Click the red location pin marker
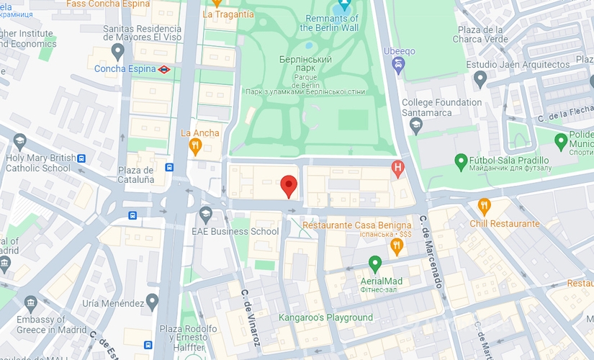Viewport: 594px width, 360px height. (289, 186)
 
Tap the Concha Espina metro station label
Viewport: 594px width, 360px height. (125, 69)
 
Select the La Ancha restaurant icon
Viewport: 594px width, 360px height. (194, 147)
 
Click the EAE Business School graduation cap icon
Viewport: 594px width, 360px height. (205, 215)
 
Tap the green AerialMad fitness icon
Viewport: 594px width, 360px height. (374, 264)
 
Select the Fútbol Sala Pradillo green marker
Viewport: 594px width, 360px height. (462, 159)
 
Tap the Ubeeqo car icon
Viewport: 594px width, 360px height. (398, 67)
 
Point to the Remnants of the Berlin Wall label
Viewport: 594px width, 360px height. (330, 23)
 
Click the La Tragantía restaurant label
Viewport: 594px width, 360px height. (228, 14)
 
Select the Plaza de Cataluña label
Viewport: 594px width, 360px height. (136, 174)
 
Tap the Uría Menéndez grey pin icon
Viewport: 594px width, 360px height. (151, 300)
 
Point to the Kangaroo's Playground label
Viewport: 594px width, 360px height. (326, 318)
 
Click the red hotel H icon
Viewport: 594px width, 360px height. (397, 169)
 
